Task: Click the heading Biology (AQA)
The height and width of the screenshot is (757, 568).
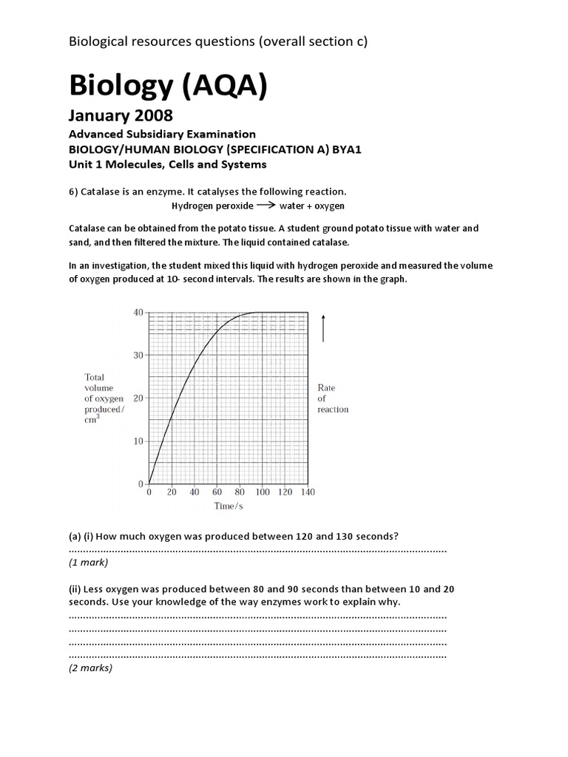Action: click(x=167, y=86)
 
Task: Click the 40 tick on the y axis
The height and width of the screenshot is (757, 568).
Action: click(x=138, y=313)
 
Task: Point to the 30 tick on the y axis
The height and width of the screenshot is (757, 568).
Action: click(x=138, y=356)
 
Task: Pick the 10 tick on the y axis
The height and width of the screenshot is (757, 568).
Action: click(x=138, y=441)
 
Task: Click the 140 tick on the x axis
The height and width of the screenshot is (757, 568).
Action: click(x=308, y=492)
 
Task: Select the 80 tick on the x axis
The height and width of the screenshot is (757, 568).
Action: click(x=240, y=492)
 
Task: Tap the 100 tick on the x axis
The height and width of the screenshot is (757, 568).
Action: click(x=263, y=492)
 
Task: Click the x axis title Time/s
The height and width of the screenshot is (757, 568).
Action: click(x=228, y=506)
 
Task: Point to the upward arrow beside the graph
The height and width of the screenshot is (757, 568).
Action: click(x=323, y=327)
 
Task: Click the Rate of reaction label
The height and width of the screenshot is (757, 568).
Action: click(x=333, y=398)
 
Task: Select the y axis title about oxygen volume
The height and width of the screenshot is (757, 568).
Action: click(x=104, y=398)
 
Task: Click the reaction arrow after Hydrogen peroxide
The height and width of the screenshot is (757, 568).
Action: click(x=266, y=206)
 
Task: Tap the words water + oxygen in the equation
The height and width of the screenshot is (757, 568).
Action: click(x=311, y=206)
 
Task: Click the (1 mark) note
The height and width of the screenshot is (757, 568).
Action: click(x=88, y=563)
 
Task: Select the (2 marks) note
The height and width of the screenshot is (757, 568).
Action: click(x=90, y=668)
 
